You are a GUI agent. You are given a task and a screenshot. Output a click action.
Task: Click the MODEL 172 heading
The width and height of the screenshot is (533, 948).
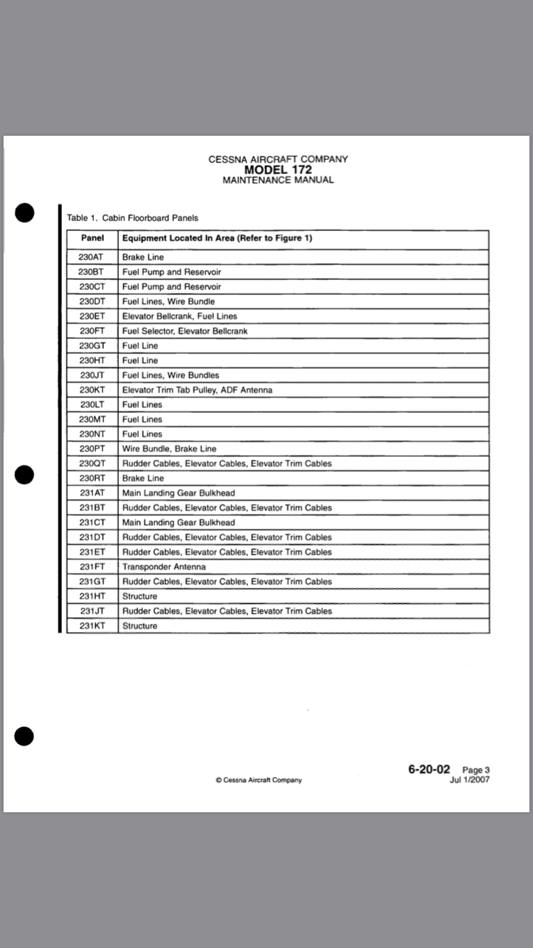pos(278,170)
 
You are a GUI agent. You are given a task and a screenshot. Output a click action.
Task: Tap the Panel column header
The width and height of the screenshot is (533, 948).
pos(92,238)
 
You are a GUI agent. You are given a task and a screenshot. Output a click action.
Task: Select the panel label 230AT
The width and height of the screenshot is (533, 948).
pos(92,257)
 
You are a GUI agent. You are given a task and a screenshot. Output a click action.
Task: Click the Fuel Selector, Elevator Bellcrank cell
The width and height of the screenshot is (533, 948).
pos(185,331)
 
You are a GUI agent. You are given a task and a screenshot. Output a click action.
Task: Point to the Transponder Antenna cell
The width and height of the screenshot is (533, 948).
pos(164,567)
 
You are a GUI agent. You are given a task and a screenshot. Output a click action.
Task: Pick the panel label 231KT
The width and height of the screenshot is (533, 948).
pos(92,626)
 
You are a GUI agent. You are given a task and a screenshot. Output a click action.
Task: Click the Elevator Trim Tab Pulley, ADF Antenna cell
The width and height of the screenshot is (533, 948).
pos(197,390)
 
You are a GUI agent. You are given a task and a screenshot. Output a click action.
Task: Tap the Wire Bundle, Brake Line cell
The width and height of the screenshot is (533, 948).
pos(169,449)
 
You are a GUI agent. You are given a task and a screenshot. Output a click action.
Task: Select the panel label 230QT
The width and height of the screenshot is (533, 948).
pos(92,463)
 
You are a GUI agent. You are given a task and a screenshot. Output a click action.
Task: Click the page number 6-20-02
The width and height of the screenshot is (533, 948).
pos(429,769)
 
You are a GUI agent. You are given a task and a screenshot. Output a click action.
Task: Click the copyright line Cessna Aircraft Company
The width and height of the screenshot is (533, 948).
pos(259,780)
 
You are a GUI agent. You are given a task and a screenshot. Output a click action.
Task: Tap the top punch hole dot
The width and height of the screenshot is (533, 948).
pos(24,212)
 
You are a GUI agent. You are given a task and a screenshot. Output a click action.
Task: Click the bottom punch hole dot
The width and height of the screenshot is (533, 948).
pos(24,737)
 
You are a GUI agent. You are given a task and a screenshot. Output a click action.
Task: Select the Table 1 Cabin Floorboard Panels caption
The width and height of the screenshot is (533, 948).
pos(132,217)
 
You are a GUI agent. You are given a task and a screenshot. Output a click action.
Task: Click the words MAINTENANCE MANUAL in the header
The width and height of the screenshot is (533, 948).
pos(278,181)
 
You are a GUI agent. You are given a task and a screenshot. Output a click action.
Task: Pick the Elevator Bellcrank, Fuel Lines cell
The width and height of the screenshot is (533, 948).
pos(180,316)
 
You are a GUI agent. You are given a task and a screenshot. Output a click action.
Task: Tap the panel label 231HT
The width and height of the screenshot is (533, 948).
pos(92,596)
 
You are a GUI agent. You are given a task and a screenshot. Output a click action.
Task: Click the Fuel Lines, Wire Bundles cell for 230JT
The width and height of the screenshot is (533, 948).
pos(171,375)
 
